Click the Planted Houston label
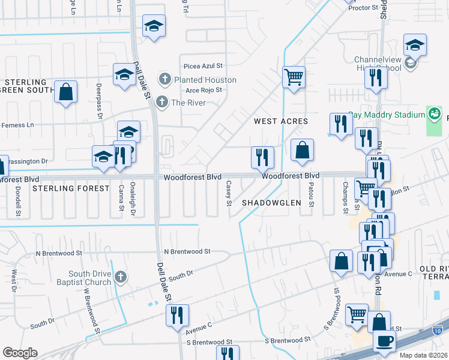[x=205, y=80]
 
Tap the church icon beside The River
[x=161, y=103]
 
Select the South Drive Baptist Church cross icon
[x=121, y=277]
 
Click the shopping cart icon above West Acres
[x=294, y=77]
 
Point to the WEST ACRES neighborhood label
[x=281, y=121]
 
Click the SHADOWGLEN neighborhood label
[x=271, y=203]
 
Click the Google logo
[x=20, y=353]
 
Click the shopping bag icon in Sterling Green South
[x=65, y=92]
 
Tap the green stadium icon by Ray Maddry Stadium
[x=434, y=114]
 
